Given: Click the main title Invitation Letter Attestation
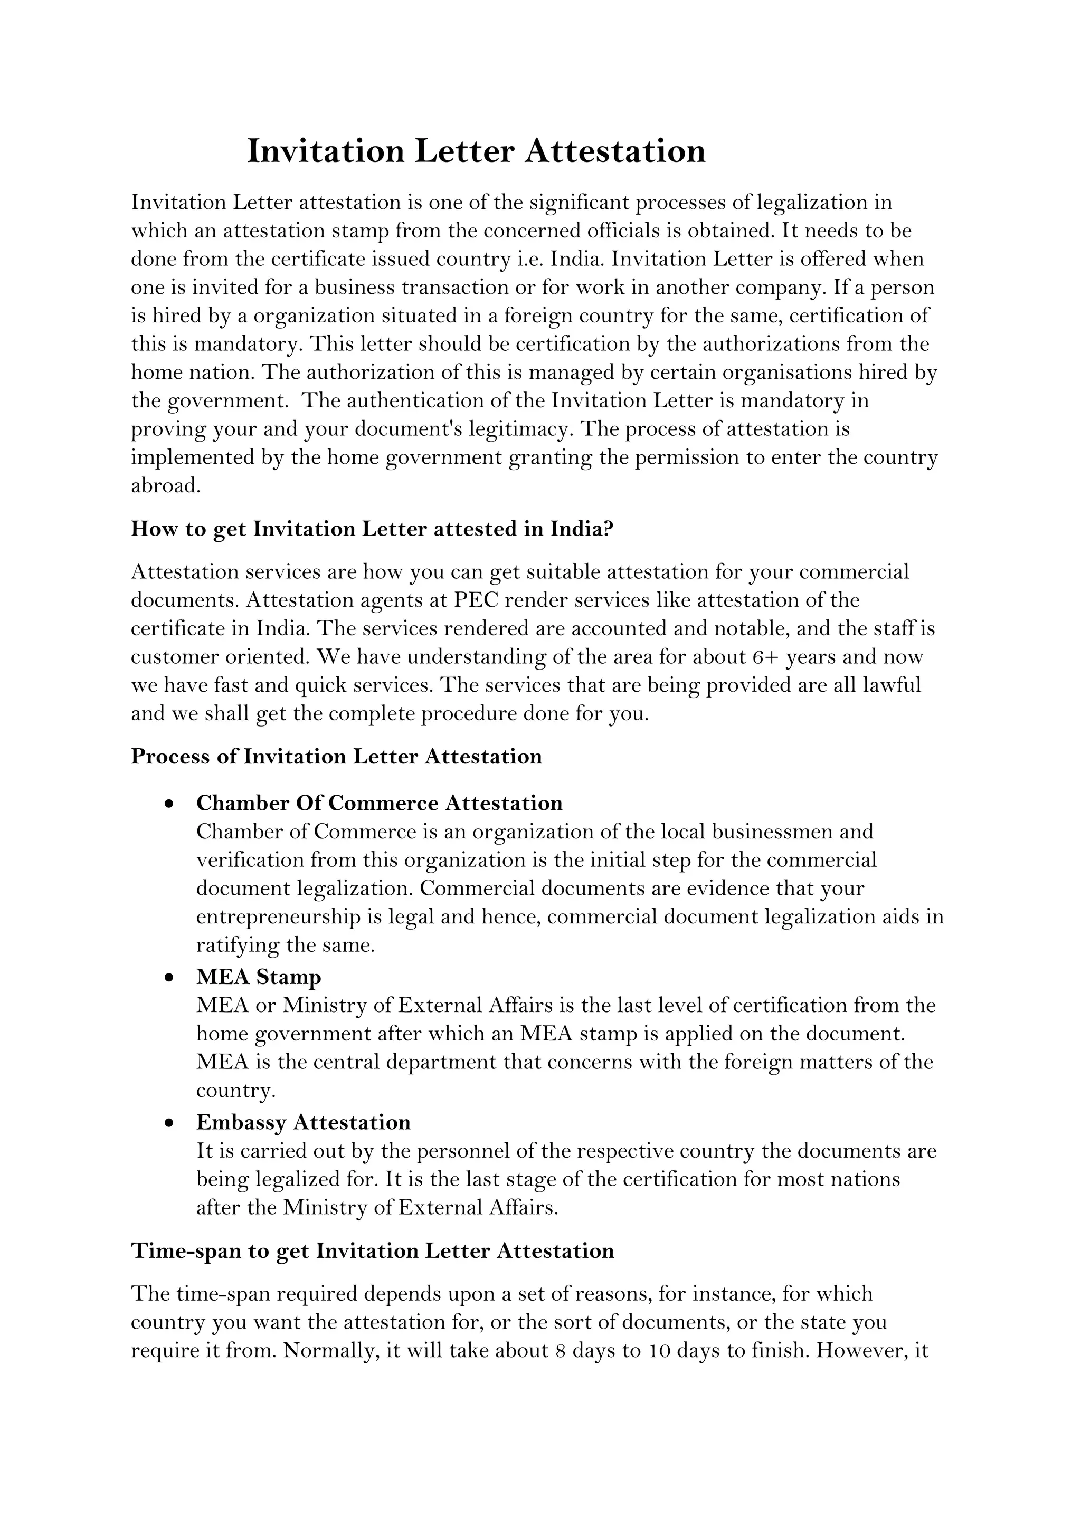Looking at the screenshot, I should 476,151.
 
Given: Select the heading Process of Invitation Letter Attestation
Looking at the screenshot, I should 336,757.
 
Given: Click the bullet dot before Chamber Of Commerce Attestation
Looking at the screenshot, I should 170,804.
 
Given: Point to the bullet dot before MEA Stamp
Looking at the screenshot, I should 170,978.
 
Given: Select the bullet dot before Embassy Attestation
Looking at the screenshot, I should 170,1123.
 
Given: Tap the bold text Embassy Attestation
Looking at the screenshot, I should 303,1122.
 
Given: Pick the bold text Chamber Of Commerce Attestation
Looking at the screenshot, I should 380,803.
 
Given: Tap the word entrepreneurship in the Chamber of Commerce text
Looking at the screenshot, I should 278,917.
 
